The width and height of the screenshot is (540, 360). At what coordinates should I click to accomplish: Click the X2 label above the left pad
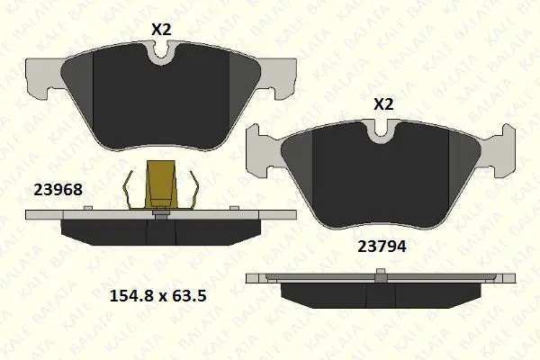click(161, 30)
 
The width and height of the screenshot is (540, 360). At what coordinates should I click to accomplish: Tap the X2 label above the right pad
click(383, 104)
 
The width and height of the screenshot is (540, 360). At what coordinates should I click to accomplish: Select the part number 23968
click(58, 190)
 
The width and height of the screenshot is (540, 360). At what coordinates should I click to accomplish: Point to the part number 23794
click(382, 247)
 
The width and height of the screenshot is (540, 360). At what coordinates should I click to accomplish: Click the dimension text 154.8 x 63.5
click(158, 296)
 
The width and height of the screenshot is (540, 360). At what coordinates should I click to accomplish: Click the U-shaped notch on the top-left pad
click(161, 55)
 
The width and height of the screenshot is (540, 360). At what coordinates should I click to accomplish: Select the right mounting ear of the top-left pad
click(278, 77)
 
